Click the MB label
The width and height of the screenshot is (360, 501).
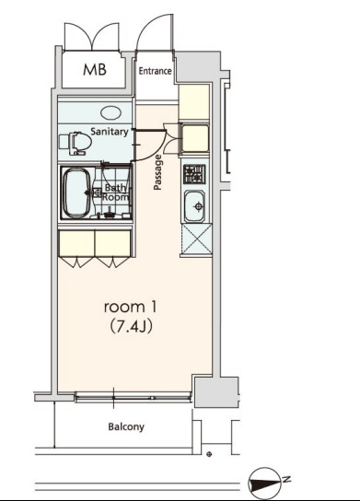click(95, 69)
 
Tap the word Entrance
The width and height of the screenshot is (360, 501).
click(155, 71)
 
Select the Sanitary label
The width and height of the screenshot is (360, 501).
click(110, 132)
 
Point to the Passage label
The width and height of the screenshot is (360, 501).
click(157, 172)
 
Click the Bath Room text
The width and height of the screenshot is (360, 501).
click(115, 192)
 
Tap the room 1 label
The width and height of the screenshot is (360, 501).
click(130, 307)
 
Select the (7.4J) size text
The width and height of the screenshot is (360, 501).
click(131, 327)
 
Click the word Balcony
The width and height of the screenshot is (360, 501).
click(126, 427)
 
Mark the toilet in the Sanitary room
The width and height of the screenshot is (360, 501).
click(75, 143)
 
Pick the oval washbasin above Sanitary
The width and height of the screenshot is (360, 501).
click(110, 112)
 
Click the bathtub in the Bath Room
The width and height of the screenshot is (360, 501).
click(77, 193)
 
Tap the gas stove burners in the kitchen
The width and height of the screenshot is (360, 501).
click(194, 174)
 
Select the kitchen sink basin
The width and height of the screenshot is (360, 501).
click(194, 206)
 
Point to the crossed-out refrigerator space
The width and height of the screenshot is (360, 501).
click(196, 239)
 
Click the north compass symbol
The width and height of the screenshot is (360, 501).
click(264, 484)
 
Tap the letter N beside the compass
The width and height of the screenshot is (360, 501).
click(286, 479)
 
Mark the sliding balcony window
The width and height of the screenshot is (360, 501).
click(134, 398)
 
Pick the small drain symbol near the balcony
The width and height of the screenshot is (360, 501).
click(209, 454)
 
